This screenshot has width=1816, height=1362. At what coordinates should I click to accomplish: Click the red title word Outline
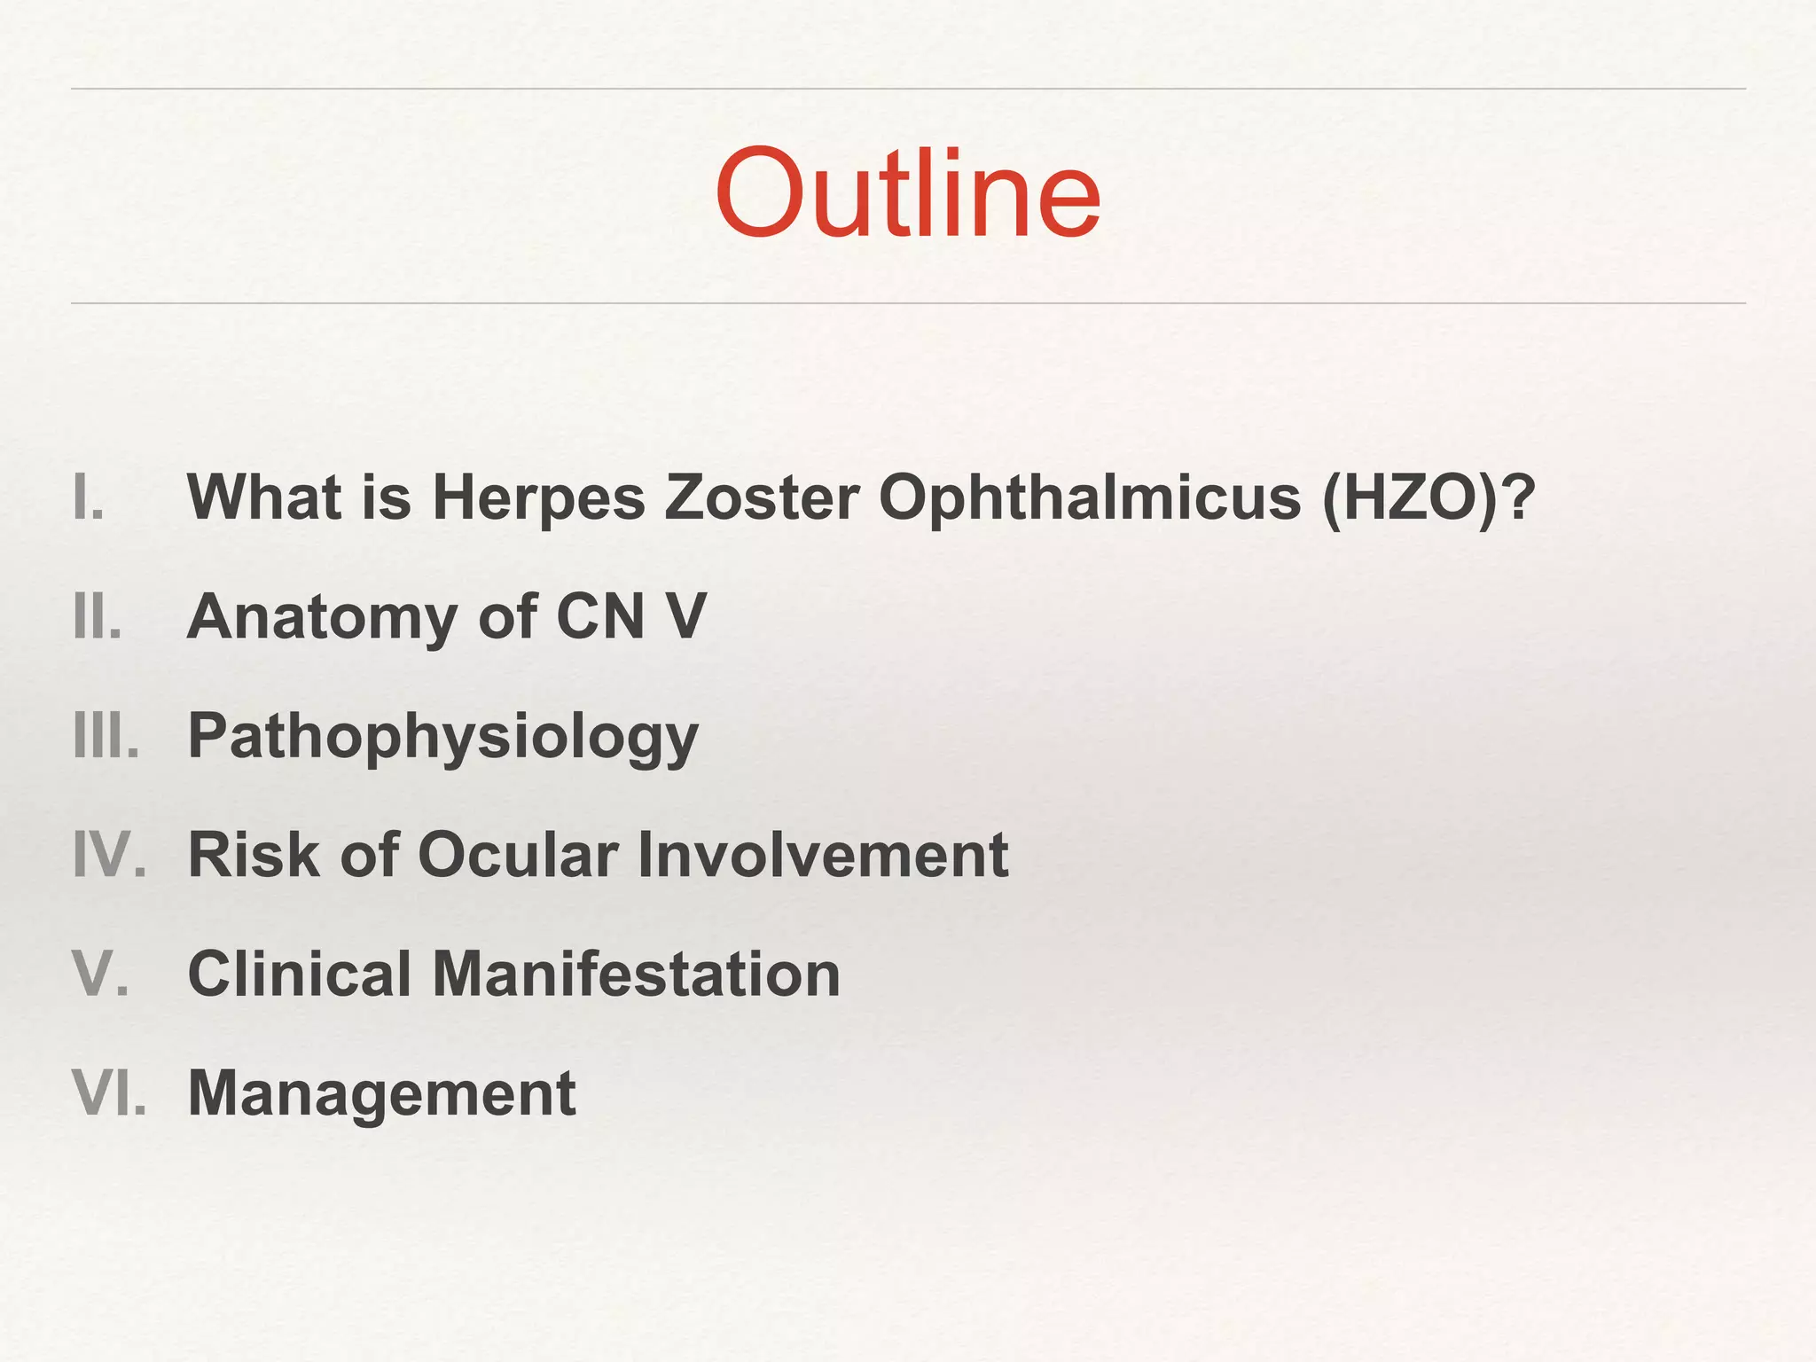click(x=907, y=193)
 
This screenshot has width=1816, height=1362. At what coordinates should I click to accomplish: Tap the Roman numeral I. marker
click(x=89, y=497)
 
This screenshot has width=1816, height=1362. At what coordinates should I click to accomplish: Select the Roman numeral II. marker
click(x=97, y=616)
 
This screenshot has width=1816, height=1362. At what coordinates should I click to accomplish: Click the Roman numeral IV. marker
click(x=109, y=855)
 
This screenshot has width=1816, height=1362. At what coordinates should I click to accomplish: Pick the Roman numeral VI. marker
click(x=108, y=1092)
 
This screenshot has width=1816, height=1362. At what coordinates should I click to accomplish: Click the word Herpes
click(x=538, y=497)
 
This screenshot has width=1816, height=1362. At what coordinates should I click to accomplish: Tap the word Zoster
click(x=762, y=497)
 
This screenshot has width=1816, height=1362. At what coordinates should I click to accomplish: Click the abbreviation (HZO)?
click(x=1428, y=497)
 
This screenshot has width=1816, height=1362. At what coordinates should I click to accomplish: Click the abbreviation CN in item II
click(x=599, y=616)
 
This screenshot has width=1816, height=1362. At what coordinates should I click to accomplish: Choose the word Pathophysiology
click(x=443, y=737)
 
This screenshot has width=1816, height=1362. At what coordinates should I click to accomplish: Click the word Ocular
click(x=518, y=855)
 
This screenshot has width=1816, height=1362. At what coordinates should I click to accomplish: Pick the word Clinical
click(x=299, y=974)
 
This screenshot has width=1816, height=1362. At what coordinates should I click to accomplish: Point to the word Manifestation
click(x=635, y=974)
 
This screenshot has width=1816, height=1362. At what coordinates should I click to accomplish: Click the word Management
click(x=382, y=1094)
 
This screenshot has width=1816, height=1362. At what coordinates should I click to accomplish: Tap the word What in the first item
click(x=263, y=497)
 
